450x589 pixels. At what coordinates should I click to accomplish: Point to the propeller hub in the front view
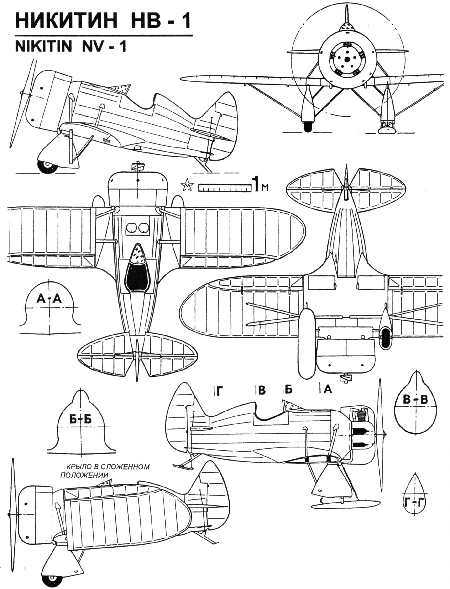(347, 59)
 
